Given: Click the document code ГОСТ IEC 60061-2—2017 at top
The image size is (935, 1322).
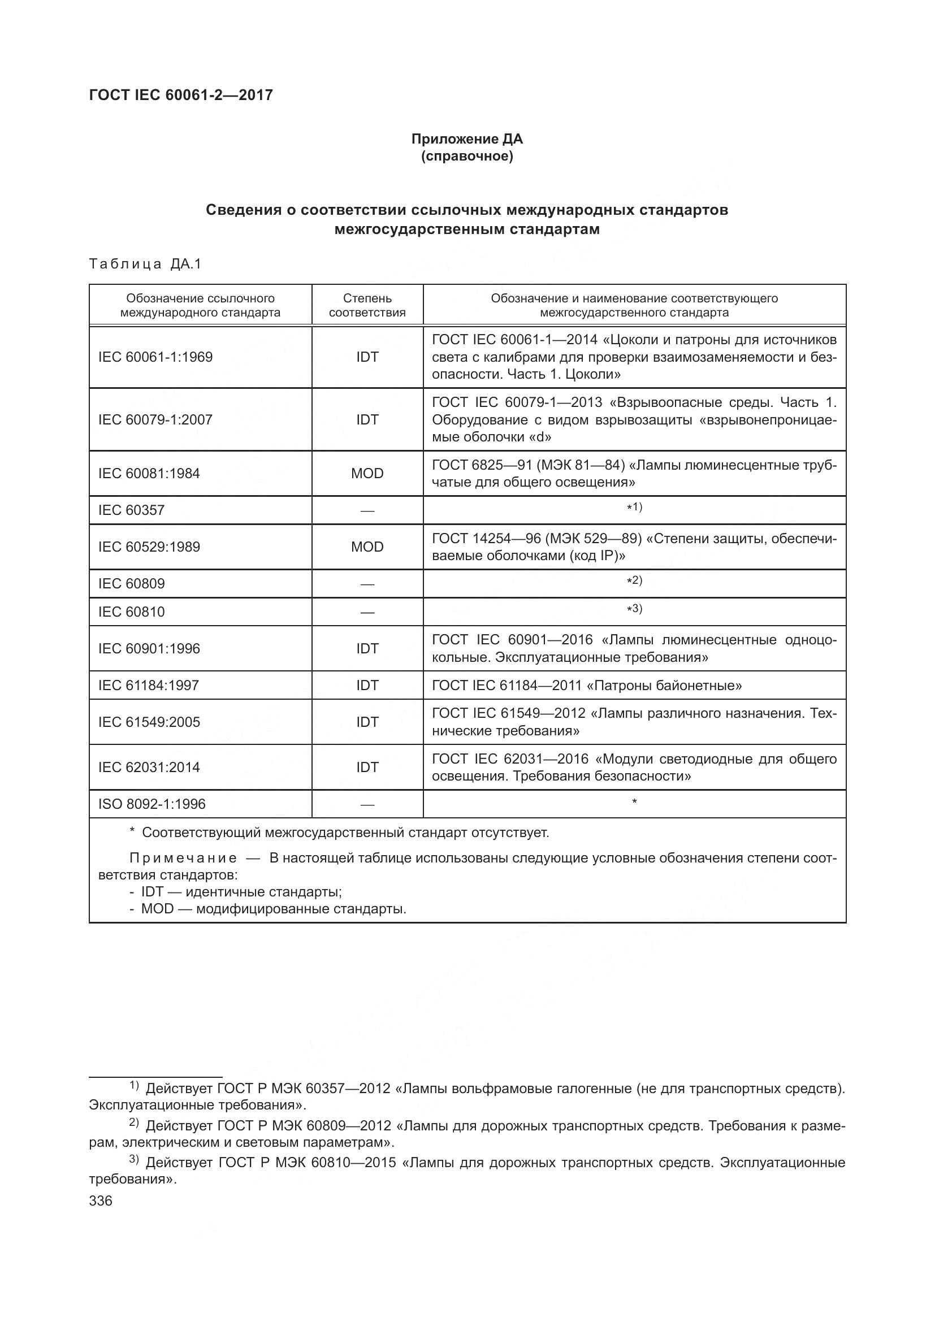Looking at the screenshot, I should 181,95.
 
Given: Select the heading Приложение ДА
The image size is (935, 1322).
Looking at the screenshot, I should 466,139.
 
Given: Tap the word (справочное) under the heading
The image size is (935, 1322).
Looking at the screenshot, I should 466,156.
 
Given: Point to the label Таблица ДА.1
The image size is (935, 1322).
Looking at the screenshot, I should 145,265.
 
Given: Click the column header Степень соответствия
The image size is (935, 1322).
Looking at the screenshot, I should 367,305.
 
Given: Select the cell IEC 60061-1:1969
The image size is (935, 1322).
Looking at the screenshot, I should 155,357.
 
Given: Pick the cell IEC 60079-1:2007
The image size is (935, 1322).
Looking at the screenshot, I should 155,419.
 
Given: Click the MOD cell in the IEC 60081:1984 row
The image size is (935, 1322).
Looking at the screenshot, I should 367,473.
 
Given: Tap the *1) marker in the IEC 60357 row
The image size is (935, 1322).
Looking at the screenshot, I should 634,507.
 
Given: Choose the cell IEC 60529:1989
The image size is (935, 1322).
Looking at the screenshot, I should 149,547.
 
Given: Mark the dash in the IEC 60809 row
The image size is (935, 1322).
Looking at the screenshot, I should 367,584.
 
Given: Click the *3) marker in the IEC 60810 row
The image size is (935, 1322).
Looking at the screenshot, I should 634,609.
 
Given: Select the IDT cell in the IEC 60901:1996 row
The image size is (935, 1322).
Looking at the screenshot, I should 367,648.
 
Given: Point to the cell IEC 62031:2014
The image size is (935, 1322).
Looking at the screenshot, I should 149,767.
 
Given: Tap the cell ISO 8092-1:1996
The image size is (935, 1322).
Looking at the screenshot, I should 152,804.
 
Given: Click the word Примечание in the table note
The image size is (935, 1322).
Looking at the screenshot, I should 183,858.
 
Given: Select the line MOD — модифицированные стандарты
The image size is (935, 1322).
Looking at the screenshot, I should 273,909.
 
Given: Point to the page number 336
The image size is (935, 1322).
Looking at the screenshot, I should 101,1201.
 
